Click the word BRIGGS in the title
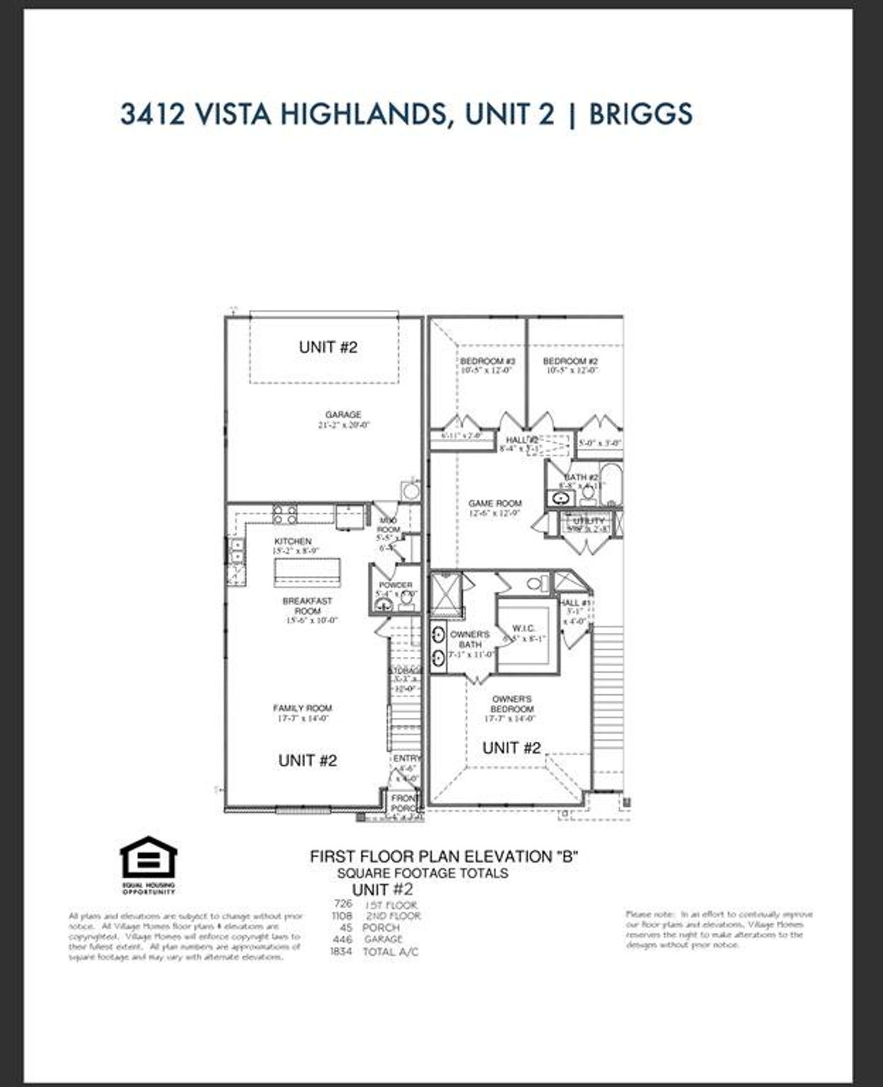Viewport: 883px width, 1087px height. point(640,114)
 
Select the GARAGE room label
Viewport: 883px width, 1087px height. point(343,415)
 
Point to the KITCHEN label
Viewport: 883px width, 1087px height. point(292,542)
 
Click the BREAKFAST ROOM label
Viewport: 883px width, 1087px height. point(307,606)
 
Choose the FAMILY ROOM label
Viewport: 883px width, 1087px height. point(302,708)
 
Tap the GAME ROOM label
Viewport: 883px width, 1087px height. point(495,504)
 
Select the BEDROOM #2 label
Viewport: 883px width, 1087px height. point(570,361)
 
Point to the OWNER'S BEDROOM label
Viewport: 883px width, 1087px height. point(512,704)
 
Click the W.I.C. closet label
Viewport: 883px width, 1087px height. point(529,629)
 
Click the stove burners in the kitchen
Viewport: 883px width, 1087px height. point(285,515)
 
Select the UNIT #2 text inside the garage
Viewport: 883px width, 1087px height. point(328,347)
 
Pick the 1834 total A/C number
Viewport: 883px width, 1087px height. point(341,952)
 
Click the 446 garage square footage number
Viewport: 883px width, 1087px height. point(342,939)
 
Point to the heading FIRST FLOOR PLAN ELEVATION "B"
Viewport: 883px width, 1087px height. point(444,856)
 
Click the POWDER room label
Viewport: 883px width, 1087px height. point(395,585)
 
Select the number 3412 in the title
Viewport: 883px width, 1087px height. point(152,114)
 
